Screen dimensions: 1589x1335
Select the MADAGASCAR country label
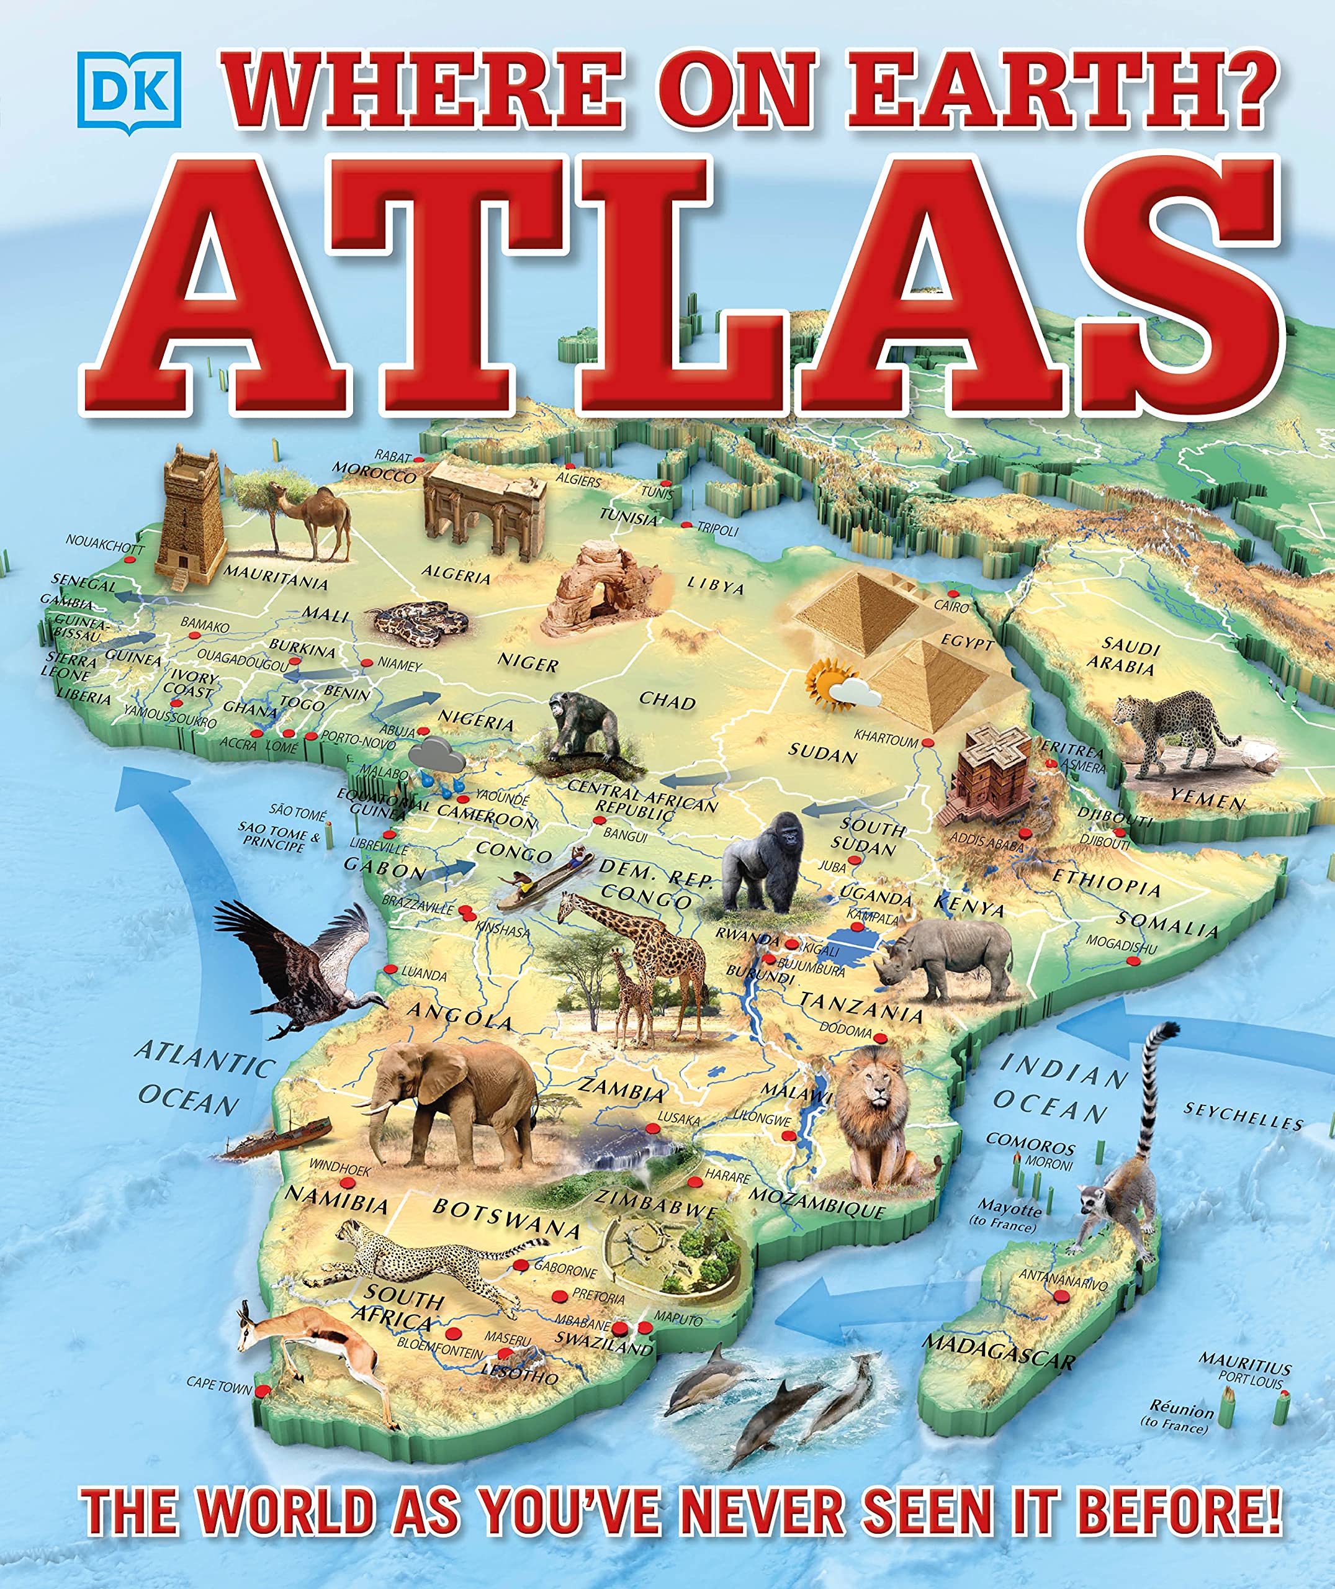pos(997,1351)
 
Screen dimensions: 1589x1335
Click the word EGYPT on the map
pos(966,642)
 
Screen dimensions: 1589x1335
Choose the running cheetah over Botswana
pos(424,1260)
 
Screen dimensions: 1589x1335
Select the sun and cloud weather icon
pos(840,684)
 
